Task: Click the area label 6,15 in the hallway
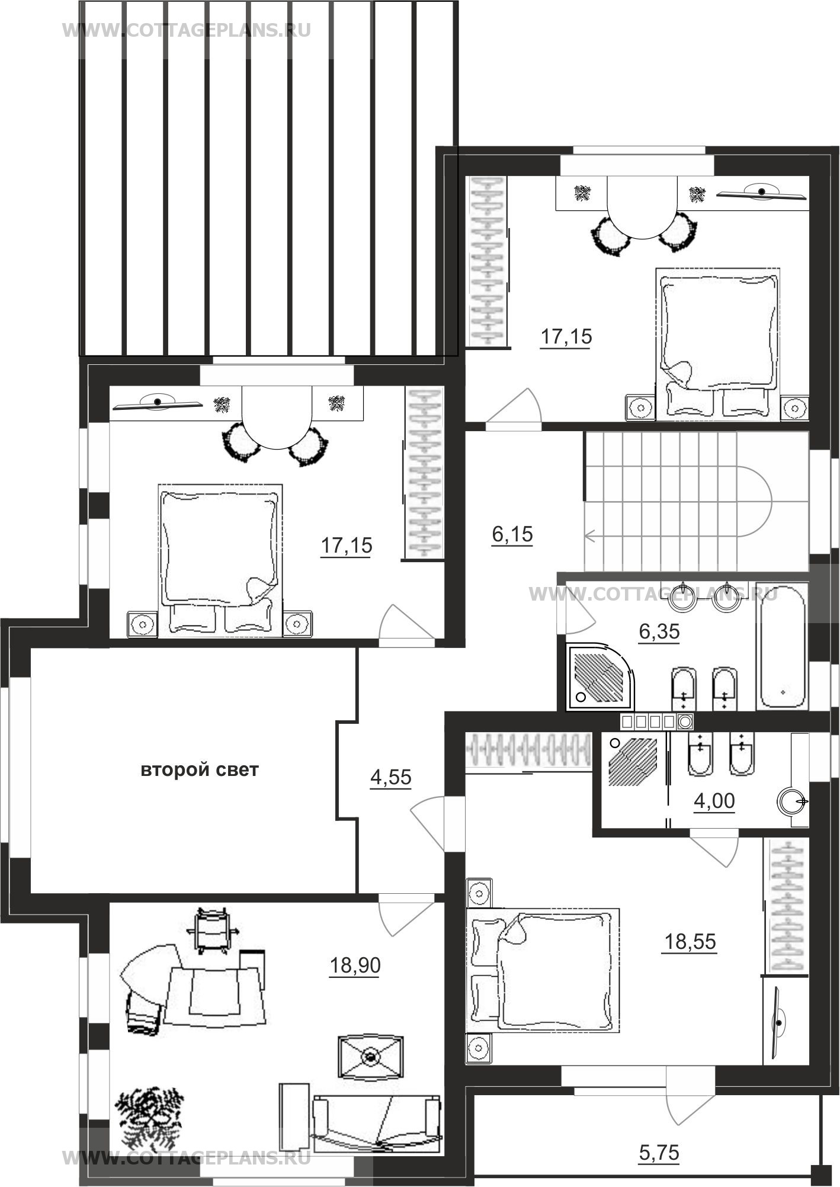pyautogui.click(x=512, y=534)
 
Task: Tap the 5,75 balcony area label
pyautogui.click(x=659, y=1153)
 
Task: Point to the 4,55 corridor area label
pyautogui.click(x=390, y=777)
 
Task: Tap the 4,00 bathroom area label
pyautogui.click(x=714, y=801)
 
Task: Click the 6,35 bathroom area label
pyautogui.click(x=659, y=632)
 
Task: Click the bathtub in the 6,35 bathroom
pyautogui.click(x=782, y=645)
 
